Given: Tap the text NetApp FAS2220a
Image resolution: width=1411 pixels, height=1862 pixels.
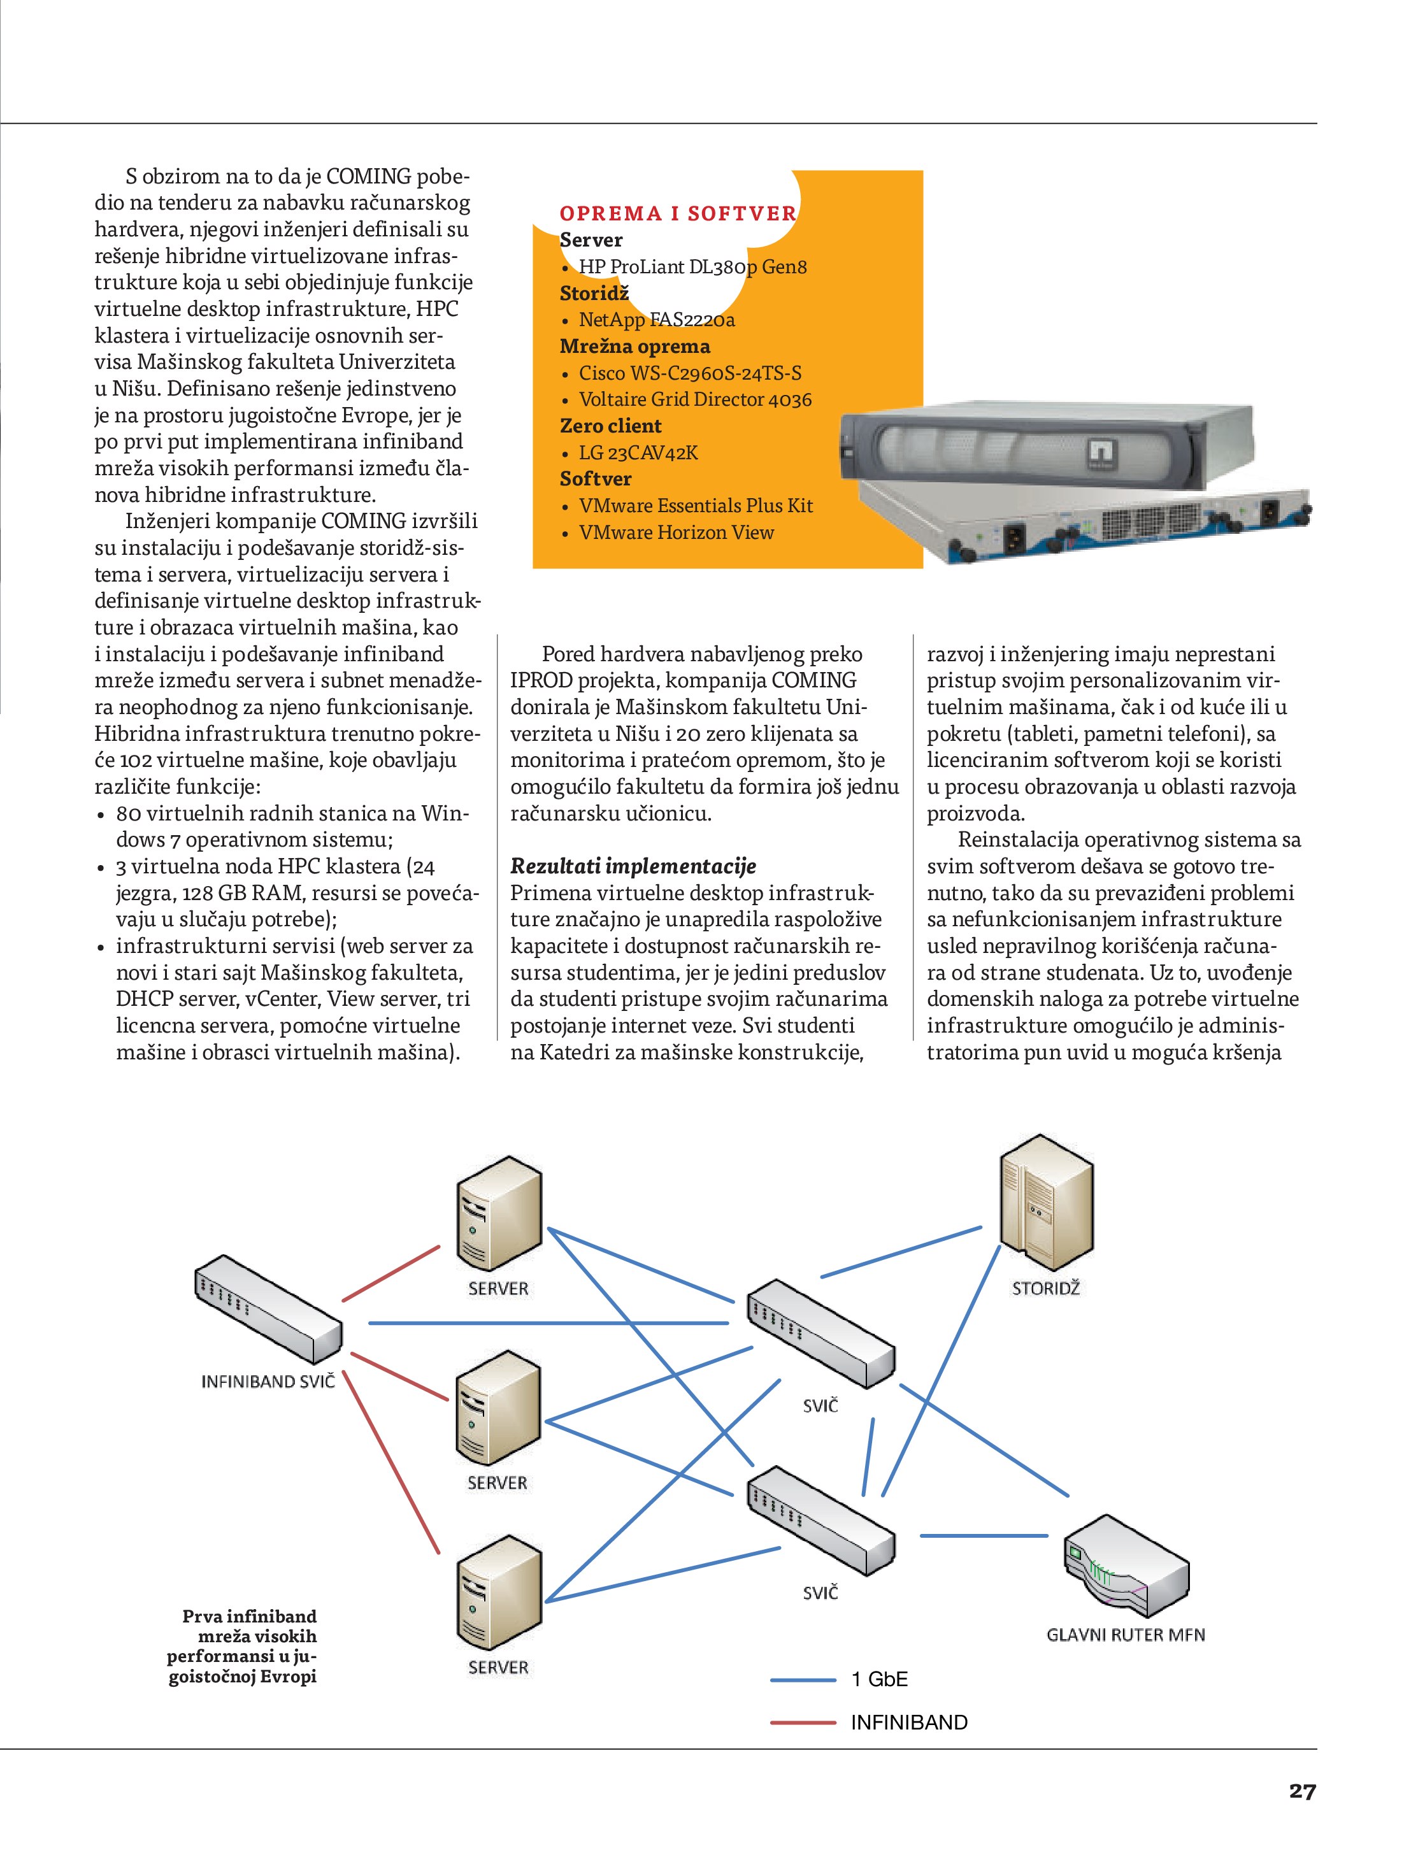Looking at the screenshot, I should click(x=657, y=320).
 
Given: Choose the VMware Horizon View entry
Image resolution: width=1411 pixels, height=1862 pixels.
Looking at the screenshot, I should click(x=676, y=532).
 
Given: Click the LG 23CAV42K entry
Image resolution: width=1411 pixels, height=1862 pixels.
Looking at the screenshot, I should click(x=638, y=453).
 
